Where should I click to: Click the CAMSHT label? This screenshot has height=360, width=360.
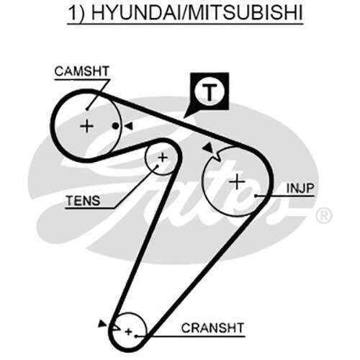pyautogui.click(x=82, y=71)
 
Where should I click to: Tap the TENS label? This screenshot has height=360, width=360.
pyautogui.click(x=83, y=201)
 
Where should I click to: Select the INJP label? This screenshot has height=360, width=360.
pyautogui.click(x=300, y=188)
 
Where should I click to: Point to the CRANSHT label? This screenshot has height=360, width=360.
pyautogui.click(x=212, y=328)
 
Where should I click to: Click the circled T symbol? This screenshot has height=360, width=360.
pyautogui.click(x=210, y=92)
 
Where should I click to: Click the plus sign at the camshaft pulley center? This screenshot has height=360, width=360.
pyautogui.click(x=86, y=126)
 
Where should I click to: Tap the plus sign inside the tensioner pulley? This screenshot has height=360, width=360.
pyautogui.click(x=163, y=158)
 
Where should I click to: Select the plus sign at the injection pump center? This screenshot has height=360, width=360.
pyautogui.click(x=237, y=181)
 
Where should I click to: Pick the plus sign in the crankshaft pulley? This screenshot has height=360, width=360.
pyautogui.click(x=129, y=332)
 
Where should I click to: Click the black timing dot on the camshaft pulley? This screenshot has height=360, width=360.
pyautogui.click(x=116, y=126)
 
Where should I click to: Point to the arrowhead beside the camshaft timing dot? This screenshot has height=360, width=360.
pyautogui.click(x=128, y=126)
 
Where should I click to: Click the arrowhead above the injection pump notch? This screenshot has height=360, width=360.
pyautogui.click(x=208, y=148)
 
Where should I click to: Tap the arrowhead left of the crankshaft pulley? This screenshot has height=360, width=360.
pyautogui.click(x=102, y=323)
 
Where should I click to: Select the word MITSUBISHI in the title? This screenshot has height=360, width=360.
pyautogui.click(x=246, y=12)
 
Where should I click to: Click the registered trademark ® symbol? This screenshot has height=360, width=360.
pyautogui.click(x=324, y=215)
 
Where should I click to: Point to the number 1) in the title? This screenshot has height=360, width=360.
pyautogui.click(x=76, y=13)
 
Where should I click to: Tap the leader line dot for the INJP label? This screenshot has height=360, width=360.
pyautogui.click(x=256, y=196)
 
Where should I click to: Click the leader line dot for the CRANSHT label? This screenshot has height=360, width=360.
pyautogui.click(x=136, y=336)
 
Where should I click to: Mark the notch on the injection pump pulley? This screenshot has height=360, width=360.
pyautogui.click(x=217, y=156)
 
